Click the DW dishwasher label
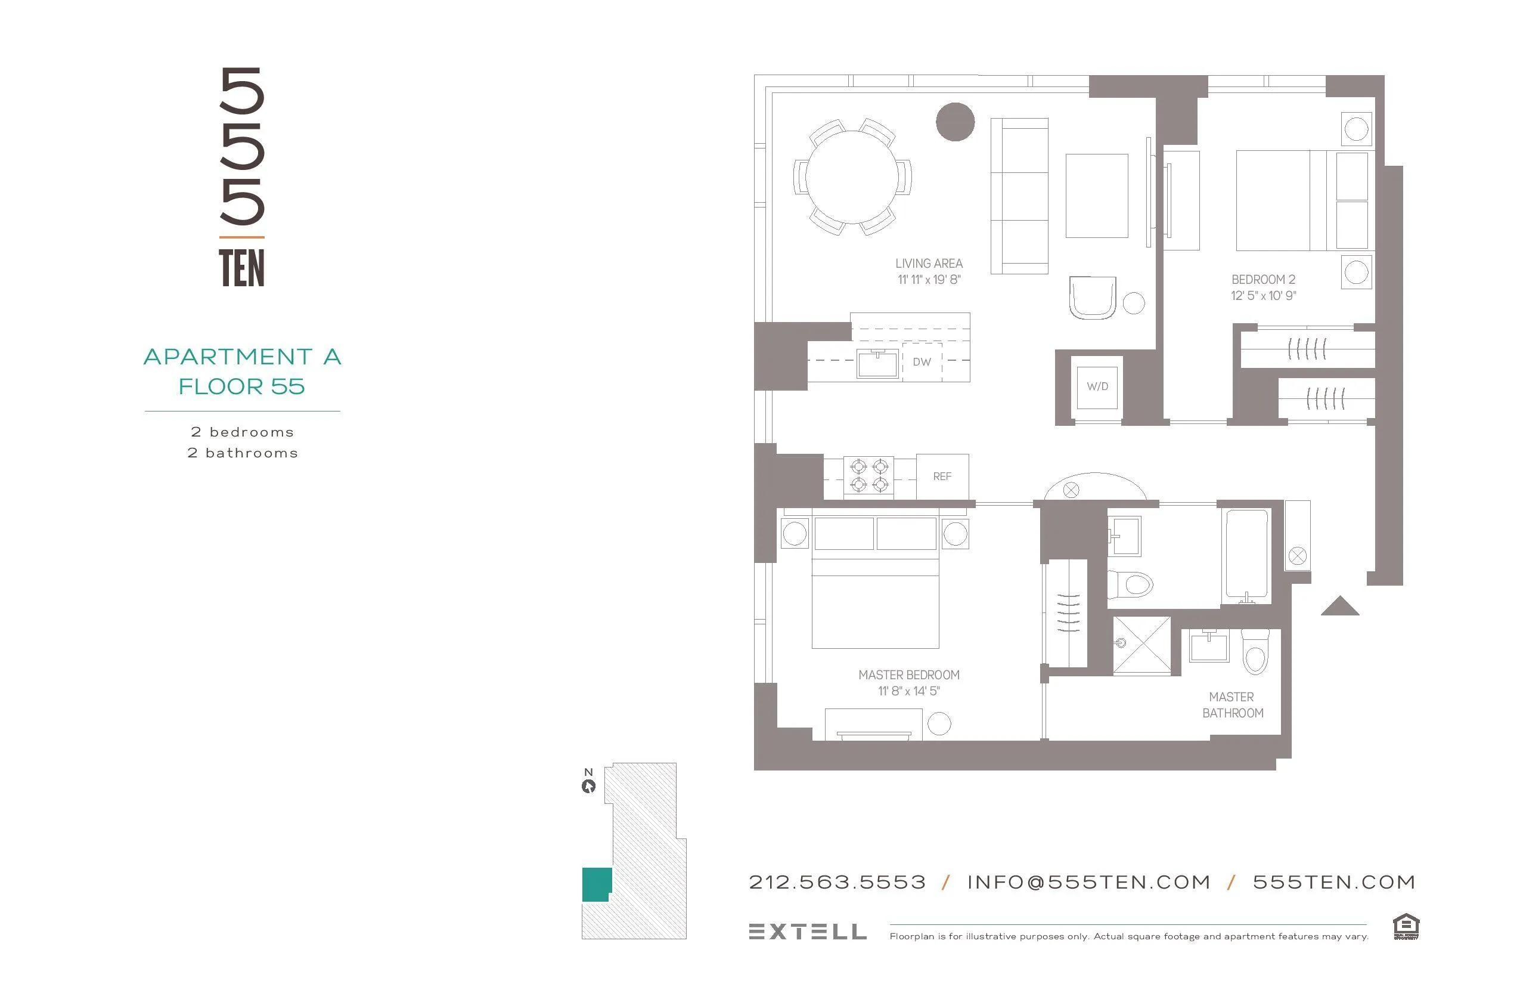point(922,361)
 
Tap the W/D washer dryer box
point(1097,386)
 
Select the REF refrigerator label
point(942,476)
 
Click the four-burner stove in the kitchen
point(868,476)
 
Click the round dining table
point(852,177)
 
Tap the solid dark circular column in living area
point(955,122)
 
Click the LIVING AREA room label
point(929,263)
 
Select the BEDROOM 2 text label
point(1263,279)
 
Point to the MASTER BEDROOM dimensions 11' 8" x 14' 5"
point(909,691)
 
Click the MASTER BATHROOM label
point(1232,705)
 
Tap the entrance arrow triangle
point(1339,607)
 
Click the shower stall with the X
point(1142,645)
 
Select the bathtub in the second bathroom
point(1246,553)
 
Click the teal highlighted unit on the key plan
point(596,884)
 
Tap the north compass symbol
point(588,786)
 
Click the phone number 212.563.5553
point(837,883)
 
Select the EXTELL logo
point(807,932)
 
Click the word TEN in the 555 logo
point(241,268)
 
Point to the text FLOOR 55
point(241,386)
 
